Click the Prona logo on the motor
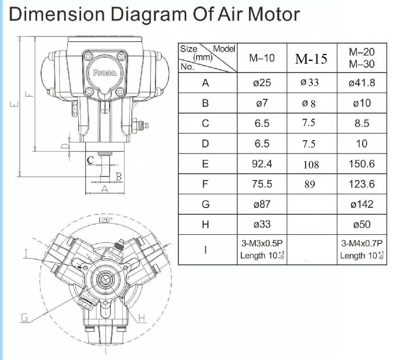105,73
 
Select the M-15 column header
311,59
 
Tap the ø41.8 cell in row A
362,83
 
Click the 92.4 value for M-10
262,164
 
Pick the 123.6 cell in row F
362,184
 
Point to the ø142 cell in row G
362,204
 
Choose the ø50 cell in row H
362,224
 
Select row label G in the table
205,204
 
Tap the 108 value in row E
311,164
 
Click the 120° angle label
106,220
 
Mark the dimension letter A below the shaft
105,190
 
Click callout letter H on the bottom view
141,318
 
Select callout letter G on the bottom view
24,318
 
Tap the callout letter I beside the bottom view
26,253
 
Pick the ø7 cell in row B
262,103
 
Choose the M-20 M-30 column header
362,58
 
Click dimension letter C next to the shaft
91,160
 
